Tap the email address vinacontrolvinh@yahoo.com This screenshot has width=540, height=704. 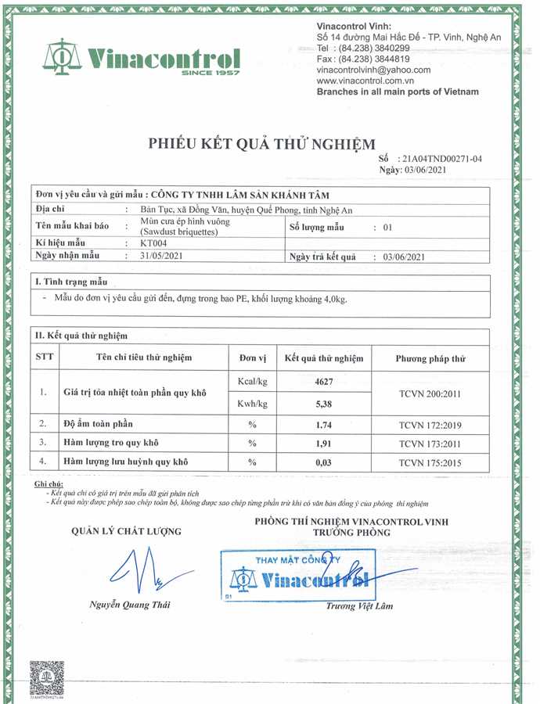tap(373, 70)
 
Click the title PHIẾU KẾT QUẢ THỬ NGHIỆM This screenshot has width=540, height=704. tap(262, 143)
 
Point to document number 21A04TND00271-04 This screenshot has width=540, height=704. tap(441, 158)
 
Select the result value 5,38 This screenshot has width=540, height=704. tap(322, 404)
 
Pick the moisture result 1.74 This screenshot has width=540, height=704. tap(322, 424)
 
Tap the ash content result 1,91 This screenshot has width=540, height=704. tap(322, 444)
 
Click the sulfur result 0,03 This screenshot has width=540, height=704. tap(322, 462)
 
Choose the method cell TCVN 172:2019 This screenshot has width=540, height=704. tap(430, 424)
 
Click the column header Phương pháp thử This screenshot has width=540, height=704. tap(430, 358)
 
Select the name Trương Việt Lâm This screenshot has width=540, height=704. tap(359, 606)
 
